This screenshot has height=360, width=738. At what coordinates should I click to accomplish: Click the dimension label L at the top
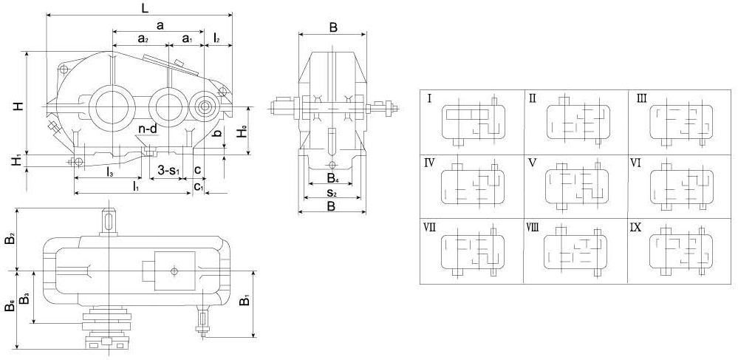pos(145,8)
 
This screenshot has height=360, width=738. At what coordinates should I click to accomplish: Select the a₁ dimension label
pos(188,38)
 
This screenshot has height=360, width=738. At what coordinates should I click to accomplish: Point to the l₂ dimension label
pos(216,38)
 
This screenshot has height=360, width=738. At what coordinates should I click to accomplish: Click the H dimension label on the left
pos(18,106)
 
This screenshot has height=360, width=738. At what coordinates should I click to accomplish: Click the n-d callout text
pos(148,129)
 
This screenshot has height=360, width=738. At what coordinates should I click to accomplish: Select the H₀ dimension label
pos(242,132)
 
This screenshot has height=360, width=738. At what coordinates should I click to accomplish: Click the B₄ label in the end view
pos(332,178)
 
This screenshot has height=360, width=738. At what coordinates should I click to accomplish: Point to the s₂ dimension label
pos(332,192)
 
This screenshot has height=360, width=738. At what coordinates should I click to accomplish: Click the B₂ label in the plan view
pos(10,238)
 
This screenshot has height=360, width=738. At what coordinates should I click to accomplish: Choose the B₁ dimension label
pos(245,299)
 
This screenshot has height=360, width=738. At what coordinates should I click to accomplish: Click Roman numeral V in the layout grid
pos(533,163)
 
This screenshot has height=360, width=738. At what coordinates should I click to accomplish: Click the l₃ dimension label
pos(109,170)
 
